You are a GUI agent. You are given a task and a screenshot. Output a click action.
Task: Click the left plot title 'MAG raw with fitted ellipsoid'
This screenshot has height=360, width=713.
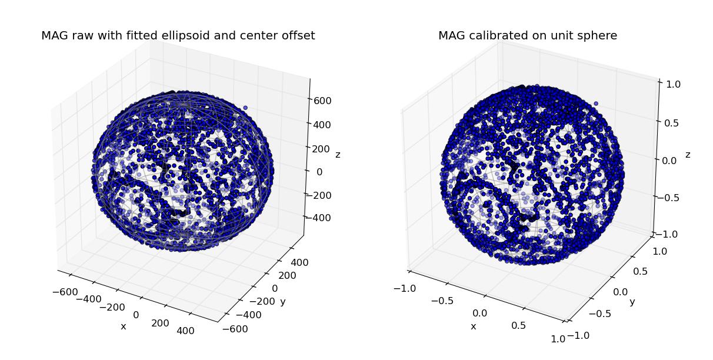click(x=178, y=36)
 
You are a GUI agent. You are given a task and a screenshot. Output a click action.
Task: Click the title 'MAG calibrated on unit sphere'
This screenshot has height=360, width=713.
click(x=527, y=36)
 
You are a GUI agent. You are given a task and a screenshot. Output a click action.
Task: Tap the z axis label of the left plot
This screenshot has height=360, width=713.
click(x=338, y=155)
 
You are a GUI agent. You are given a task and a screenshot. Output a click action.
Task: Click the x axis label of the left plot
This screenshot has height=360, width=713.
click(x=123, y=326)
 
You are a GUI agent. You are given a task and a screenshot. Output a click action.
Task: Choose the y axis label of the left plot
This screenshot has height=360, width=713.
click(x=282, y=302)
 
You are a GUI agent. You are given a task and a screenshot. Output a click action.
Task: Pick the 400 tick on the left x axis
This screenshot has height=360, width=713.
click(x=185, y=331)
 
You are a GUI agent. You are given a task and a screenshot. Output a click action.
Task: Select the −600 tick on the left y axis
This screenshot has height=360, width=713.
click(x=236, y=329)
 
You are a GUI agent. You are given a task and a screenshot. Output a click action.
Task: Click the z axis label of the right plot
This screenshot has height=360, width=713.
click(x=688, y=155)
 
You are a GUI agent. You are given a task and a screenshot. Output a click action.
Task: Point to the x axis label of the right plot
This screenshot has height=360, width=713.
click(x=473, y=326)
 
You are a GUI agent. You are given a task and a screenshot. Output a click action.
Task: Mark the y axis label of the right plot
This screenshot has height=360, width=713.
click(x=632, y=302)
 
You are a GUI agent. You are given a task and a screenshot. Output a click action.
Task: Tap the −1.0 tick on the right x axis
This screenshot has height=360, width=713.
click(x=404, y=288)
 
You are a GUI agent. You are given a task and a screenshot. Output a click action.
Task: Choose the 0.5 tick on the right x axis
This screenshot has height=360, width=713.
click(x=519, y=325)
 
